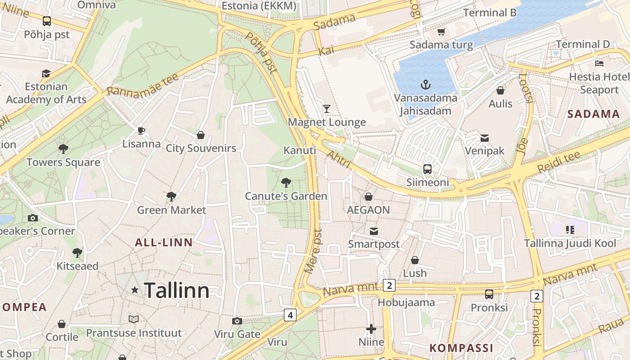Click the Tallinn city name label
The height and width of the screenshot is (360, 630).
[x=176, y=291]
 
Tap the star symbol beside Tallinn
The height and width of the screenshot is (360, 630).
[x=135, y=290]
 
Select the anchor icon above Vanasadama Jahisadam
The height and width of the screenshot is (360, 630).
[x=425, y=84]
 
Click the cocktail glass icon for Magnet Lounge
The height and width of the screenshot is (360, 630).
[x=327, y=108]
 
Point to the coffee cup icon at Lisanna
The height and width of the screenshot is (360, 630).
[x=141, y=130]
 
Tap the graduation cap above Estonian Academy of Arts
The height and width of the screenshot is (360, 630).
[x=46, y=73]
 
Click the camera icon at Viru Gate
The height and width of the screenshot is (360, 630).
[x=237, y=321]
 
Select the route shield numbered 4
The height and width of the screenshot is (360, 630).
[x=290, y=315]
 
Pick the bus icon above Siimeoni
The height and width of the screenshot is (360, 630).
[x=427, y=169]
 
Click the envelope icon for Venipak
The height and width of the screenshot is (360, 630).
[x=485, y=138]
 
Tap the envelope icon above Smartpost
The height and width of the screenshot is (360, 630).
[x=373, y=231]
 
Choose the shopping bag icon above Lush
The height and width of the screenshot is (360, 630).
[x=415, y=260]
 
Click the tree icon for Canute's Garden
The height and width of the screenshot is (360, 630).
[x=286, y=183]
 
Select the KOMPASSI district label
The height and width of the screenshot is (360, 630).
[x=461, y=348]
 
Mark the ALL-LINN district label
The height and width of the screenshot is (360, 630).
[x=164, y=243]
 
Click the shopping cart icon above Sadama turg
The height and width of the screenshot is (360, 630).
[x=441, y=31]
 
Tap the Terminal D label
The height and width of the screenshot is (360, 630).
[x=583, y=44]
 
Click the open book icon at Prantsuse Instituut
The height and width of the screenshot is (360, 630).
[x=134, y=319]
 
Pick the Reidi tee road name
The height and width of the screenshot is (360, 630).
[x=559, y=163]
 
